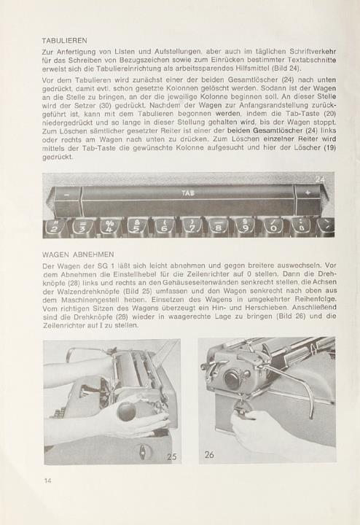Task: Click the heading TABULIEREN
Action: (65, 41)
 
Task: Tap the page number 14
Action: (48, 481)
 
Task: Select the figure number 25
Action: (172, 456)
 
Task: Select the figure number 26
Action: (209, 455)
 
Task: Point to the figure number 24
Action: (320, 179)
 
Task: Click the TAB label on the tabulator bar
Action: (188, 192)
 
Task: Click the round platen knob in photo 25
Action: (127, 411)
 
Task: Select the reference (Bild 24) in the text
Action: (286, 69)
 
